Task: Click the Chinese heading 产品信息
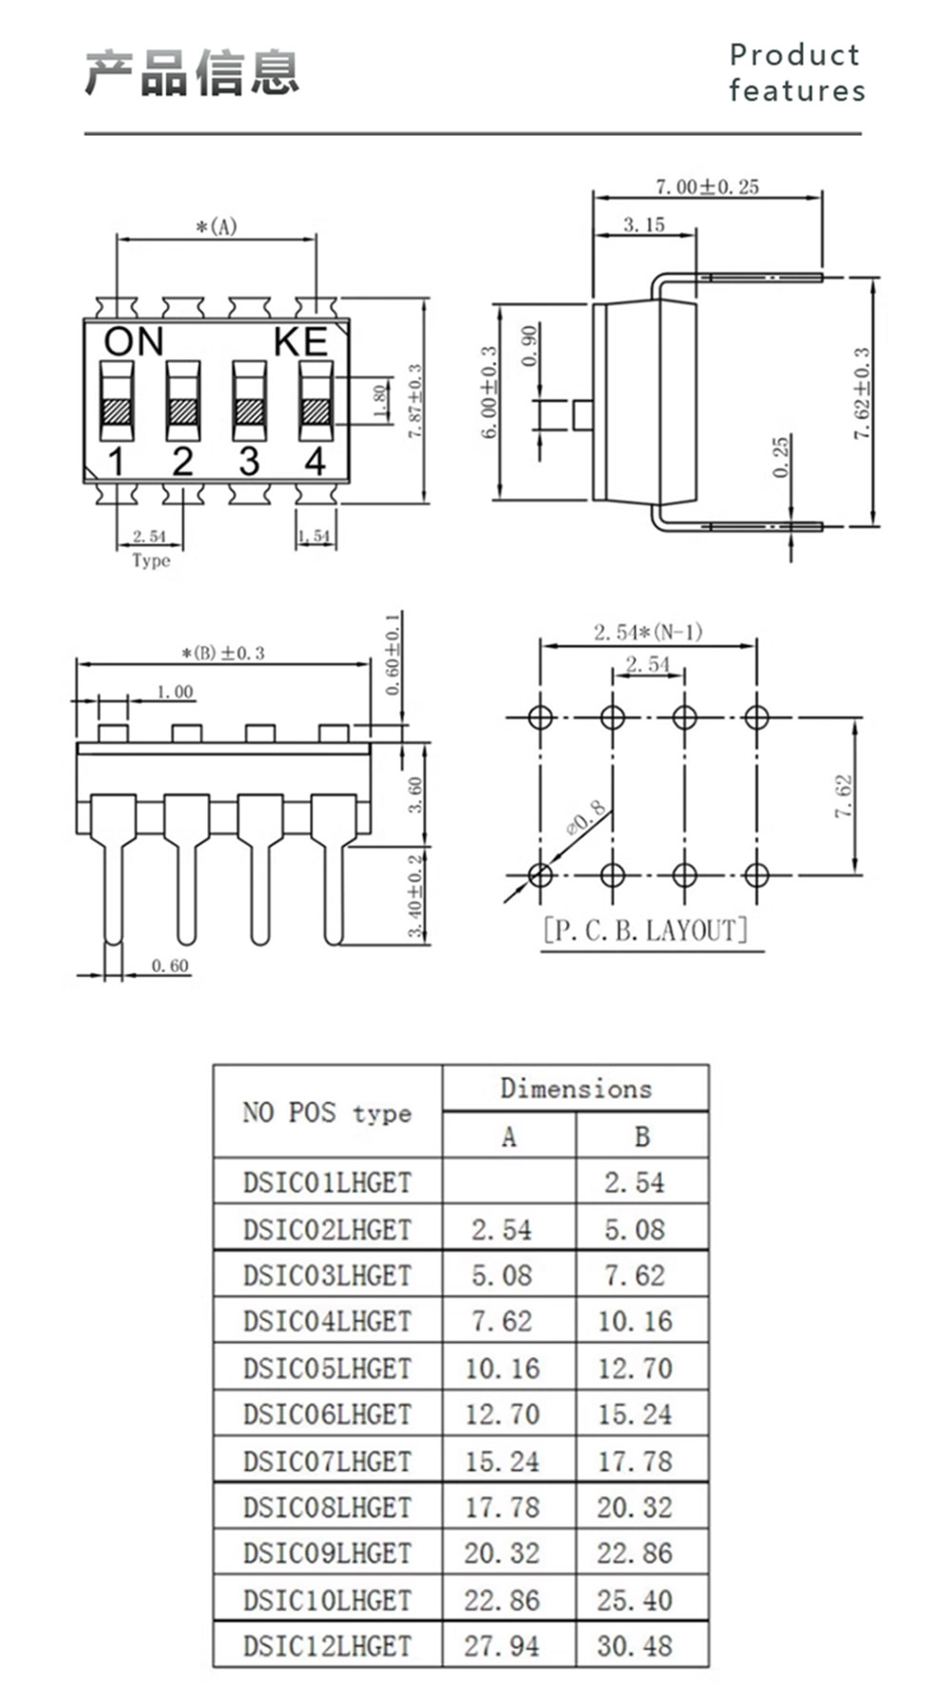pyautogui.click(x=192, y=72)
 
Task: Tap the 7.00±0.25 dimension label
pyautogui.click(x=708, y=186)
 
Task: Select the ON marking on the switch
pyautogui.click(x=134, y=341)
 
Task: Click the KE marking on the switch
pyautogui.click(x=301, y=341)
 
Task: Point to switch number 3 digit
pyautogui.click(x=249, y=461)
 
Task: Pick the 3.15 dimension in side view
pyautogui.click(x=644, y=224)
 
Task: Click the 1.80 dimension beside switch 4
pyautogui.click(x=379, y=401)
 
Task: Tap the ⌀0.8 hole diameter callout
pyautogui.click(x=584, y=818)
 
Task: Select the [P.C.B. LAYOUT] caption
pyautogui.click(x=646, y=929)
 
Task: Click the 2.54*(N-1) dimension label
pyautogui.click(x=648, y=632)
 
